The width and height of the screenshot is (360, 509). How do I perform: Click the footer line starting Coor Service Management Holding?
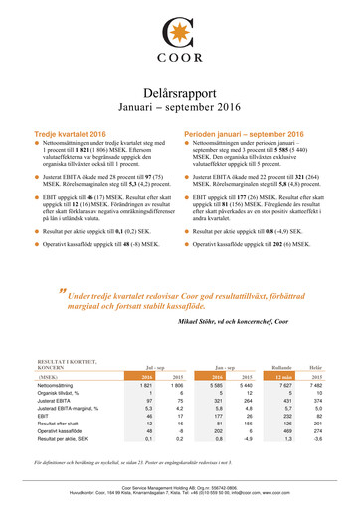(179, 489)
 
